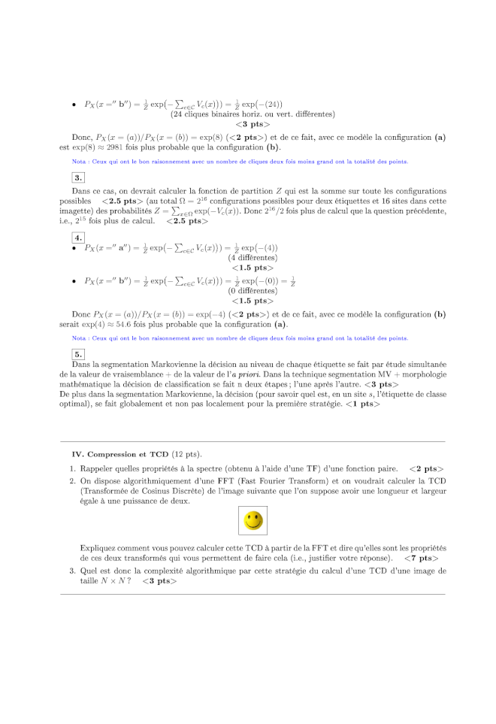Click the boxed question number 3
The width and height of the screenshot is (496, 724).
click(78, 177)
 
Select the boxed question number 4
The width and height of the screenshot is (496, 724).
click(78, 238)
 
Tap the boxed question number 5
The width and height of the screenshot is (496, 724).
click(78, 353)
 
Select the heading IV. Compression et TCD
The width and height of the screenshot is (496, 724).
click(120, 454)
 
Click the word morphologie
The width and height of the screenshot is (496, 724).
click(422, 374)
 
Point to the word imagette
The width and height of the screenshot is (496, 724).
click(76, 211)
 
